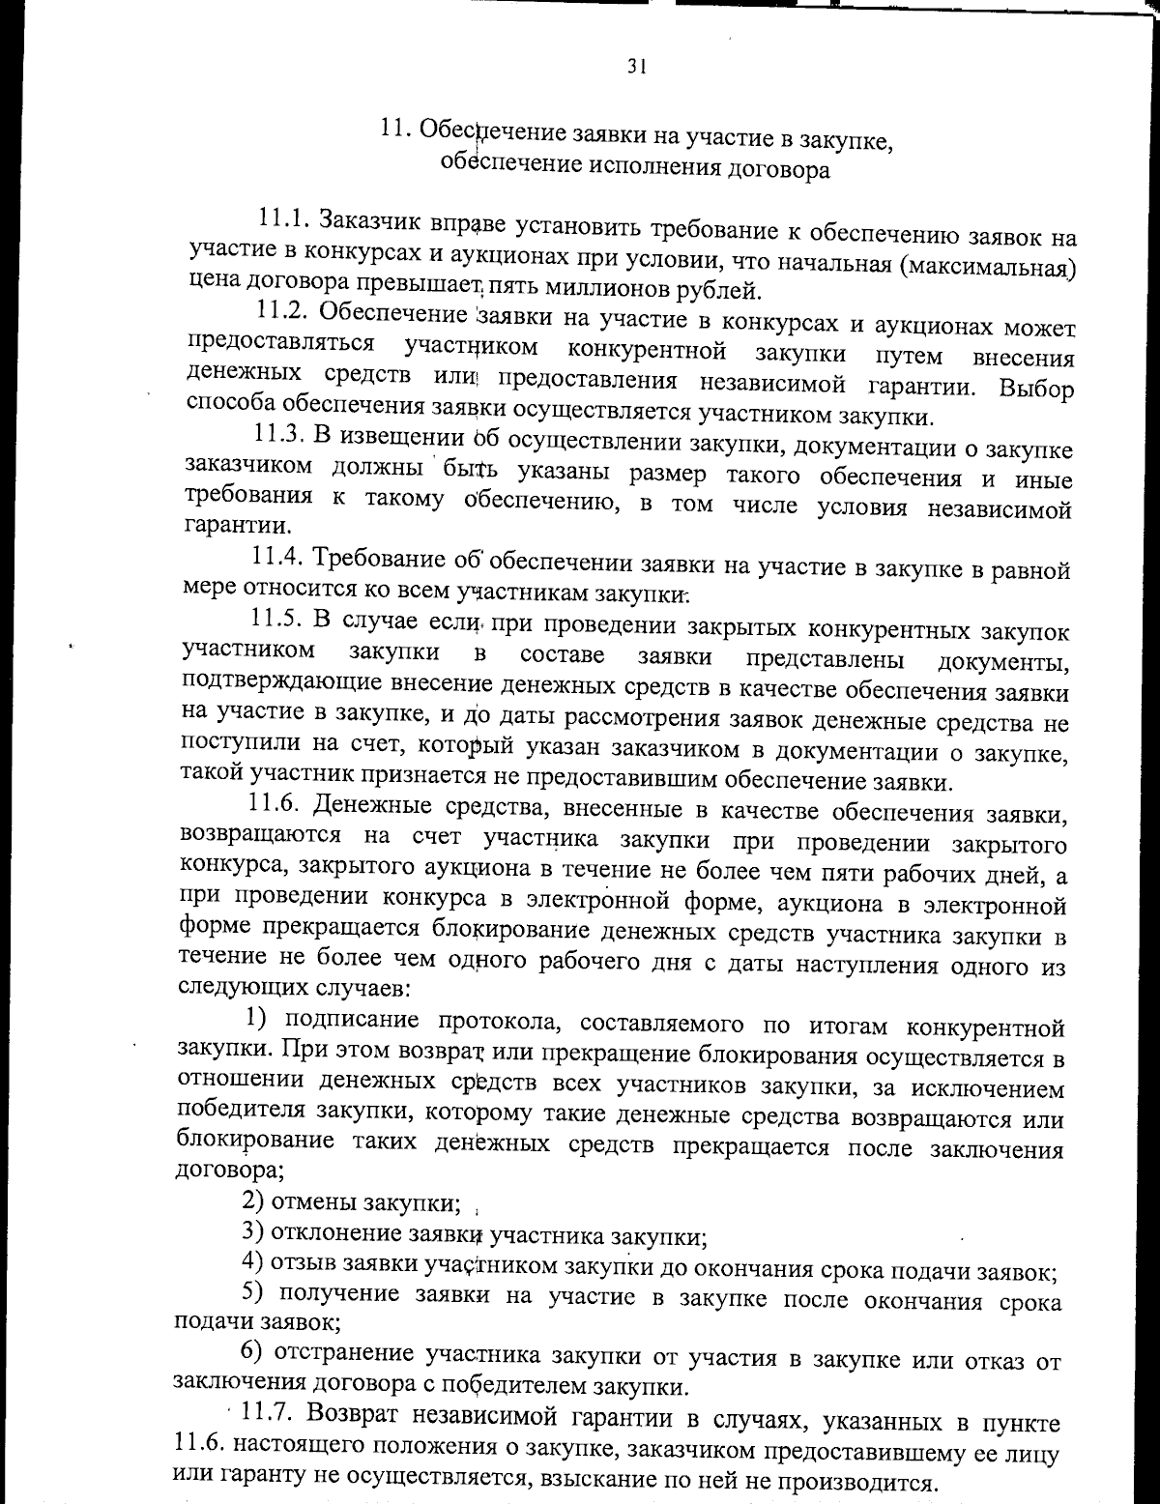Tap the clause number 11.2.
point(281,312)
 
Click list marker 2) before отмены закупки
point(253,1202)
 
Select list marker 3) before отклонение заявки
point(253,1232)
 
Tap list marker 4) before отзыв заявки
point(253,1263)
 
